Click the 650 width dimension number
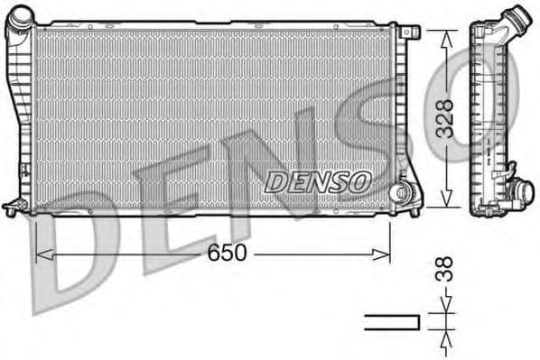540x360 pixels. coord(227,254)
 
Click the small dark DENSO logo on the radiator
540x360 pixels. coord(318,181)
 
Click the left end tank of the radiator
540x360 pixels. coord(20,117)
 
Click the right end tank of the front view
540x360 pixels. coord(400,108)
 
